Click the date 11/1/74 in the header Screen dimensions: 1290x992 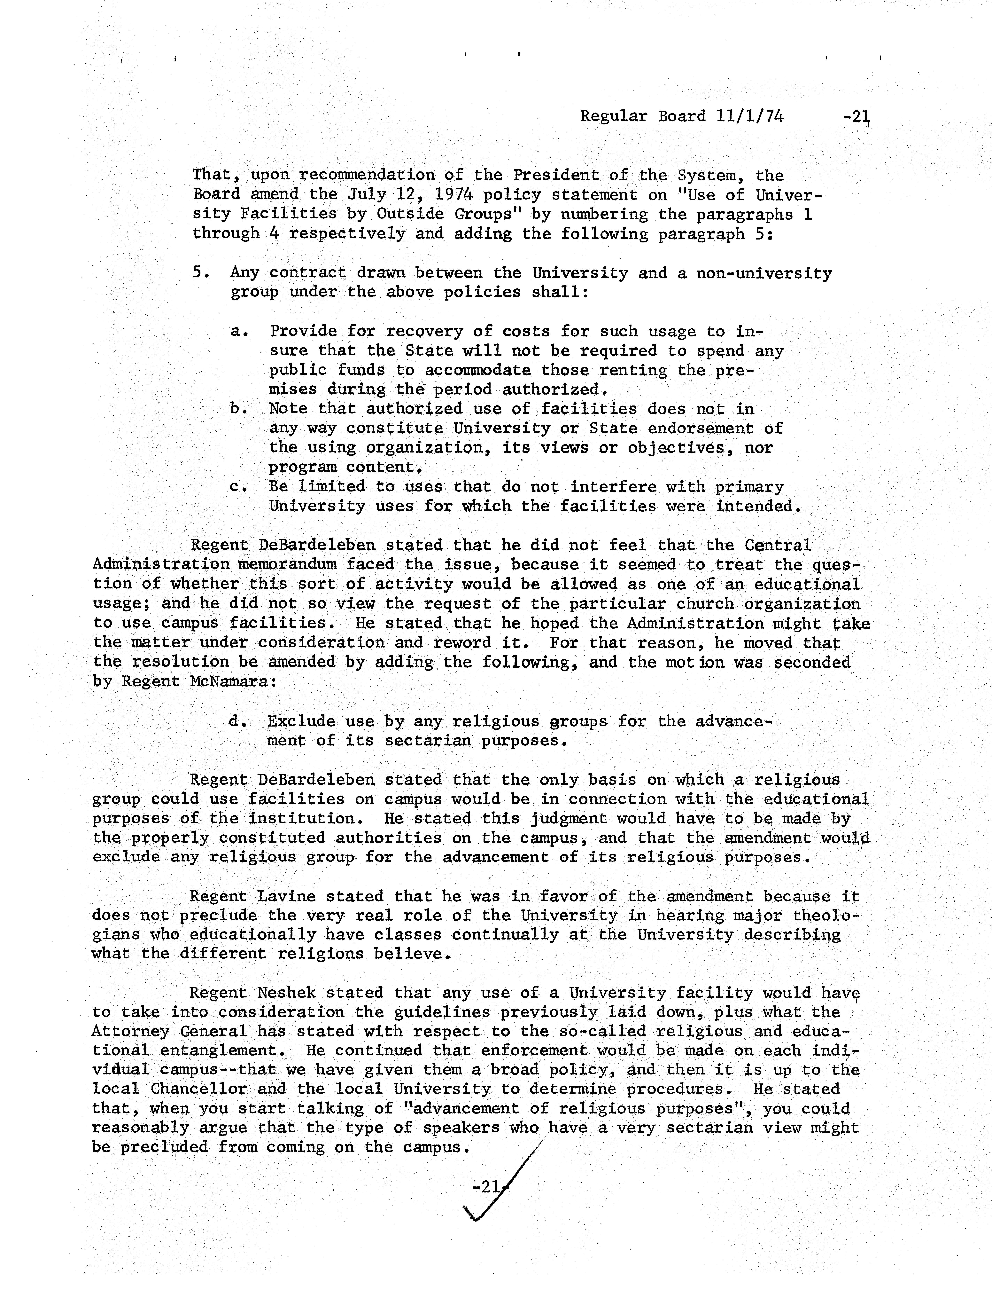pyautogui.click(x=750, y=116)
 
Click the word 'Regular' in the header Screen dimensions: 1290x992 pyautogui.click(x=614, y=116)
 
